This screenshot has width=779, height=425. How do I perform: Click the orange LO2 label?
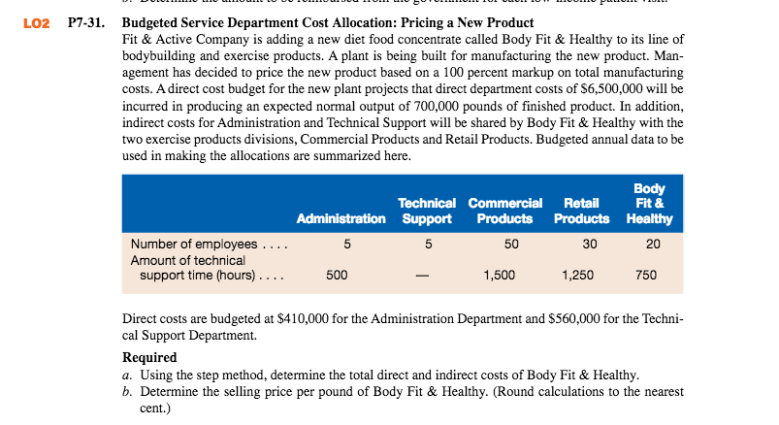(37, 23)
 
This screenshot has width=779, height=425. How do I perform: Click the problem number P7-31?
(86, 23)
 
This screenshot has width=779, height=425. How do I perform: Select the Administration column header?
(341, 218)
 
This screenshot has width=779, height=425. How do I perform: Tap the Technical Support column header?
(427, 211)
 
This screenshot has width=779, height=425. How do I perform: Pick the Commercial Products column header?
(505, 211)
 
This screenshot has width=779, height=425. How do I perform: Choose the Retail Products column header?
(582, 211)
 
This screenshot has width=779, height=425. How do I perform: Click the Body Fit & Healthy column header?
(649, 204)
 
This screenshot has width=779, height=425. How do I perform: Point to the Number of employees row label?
(194, 245)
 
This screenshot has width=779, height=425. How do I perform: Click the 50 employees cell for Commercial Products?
(511, 245)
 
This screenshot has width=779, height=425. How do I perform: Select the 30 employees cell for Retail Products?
(590, 245)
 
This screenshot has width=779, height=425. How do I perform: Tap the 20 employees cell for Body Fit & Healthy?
(653, 245)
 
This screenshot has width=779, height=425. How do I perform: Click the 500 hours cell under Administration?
(337, 275)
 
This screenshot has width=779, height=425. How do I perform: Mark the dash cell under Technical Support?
(422, 276)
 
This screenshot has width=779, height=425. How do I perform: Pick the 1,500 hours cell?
(500, 275)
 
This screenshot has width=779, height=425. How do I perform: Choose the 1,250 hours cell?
(578, 275)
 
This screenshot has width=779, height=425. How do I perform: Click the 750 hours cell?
(646, 275)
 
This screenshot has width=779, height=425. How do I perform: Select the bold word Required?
(149, 357)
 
